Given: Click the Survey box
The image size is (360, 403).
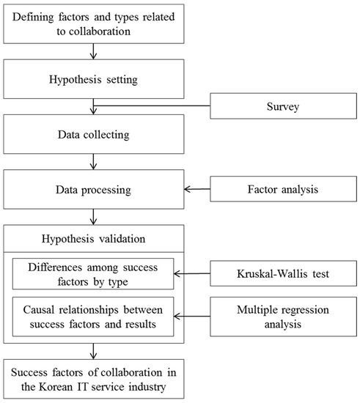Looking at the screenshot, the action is pyautogui.click(x=283, y=106).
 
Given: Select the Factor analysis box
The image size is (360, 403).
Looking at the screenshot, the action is pyautogui.click(x=283, y=189).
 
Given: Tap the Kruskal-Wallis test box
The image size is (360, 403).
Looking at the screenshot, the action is pyautogui.click(x=283, y=273).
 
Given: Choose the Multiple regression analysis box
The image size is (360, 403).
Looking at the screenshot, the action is pyautogui.click(x=283, y=317).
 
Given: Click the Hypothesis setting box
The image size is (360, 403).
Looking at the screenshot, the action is pyautogui.click(x=94, y=79).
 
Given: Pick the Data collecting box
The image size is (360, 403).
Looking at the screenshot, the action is pyautogui.click(x=94, y=134).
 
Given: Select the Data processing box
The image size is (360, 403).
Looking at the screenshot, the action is pyautogui.click(x=94, y=189).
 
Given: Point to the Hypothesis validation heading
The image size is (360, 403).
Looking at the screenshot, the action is pyautogui.click(x=94, y=239).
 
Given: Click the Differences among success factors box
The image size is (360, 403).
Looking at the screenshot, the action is pyautogui.click(x=93, y=274).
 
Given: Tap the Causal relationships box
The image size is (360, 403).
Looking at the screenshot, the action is pyautogui.click(x=93, y=317).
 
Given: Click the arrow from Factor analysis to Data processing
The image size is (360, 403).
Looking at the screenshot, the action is pyautogui.click(x=197, y=189).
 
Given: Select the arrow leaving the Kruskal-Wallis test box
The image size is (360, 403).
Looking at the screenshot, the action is pyautogui.click(x=192, y=273).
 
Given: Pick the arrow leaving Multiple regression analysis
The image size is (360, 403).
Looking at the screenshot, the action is pyautogui.click(x=192, y=316).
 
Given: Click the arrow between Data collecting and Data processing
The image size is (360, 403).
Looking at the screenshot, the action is pyautogui.click(x=94, y=162).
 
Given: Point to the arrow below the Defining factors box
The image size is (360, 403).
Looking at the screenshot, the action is pyautogui.click(x=94, y=51).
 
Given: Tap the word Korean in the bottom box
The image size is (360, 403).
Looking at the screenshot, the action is pyautogui.click(x=56, y=387).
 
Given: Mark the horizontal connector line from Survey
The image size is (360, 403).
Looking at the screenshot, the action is pyautogui.click(x=152, y=106).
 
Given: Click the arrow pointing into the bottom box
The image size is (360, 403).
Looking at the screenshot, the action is pyautogui.click(x=94, y=351).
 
